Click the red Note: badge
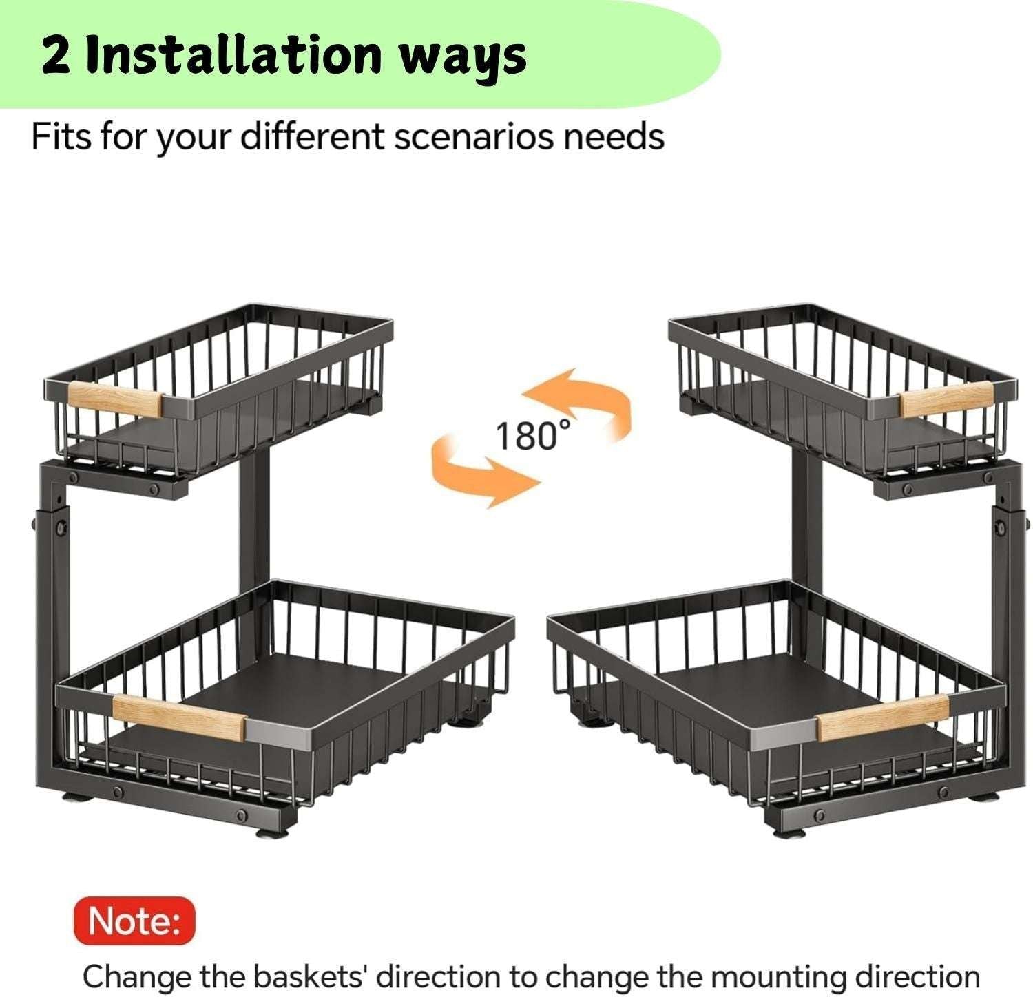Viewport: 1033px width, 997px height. [134, 921]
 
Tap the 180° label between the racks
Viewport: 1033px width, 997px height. [534, 435]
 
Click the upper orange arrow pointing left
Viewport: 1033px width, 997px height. [578, 402]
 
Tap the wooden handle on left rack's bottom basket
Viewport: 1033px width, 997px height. [178, 717]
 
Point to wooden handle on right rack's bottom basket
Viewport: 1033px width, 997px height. [882, 716]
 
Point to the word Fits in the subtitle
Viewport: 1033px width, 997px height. [61, 136]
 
